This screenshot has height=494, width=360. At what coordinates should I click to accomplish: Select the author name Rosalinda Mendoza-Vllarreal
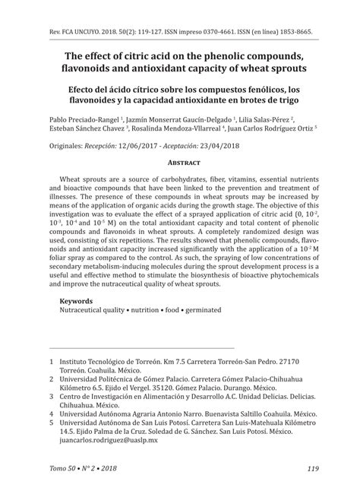[176, 129]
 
